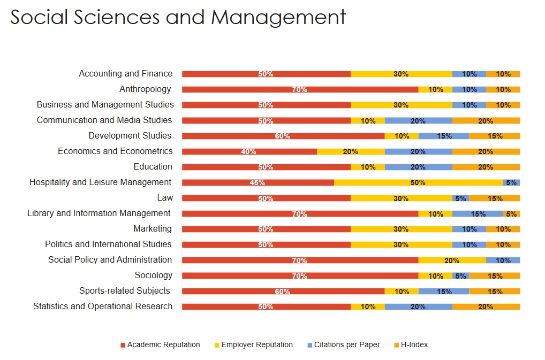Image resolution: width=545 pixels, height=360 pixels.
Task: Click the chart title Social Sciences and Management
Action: [x=178, y=17]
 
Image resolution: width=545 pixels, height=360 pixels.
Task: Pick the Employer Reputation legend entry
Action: [x=256, y=345]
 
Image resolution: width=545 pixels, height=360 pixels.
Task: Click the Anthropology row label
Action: [x=145, y=89]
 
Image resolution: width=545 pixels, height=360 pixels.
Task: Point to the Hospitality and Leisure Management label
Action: [x=101, y=182]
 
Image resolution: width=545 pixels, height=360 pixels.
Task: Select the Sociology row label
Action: [x=154, y=275]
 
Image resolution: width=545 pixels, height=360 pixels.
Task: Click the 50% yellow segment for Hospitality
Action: [x=418, y=182]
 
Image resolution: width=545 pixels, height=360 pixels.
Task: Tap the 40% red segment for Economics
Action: [x=249, y=151]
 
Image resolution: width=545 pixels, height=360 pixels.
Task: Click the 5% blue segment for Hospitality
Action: [x=511, y=182]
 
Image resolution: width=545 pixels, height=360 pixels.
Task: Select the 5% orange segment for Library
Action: [x=511, y=213]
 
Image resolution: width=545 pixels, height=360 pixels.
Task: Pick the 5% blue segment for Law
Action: [x=460, y=198]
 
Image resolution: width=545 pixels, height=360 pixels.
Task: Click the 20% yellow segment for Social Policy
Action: [x=452, y=261]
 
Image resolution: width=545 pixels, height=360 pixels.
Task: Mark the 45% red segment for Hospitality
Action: [x=258, y=182]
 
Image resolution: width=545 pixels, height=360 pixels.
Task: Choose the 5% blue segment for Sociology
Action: [x=460, y=276]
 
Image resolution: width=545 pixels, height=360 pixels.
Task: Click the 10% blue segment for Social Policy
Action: [x=503, y=261]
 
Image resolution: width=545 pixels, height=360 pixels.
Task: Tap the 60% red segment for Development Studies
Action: [x=283, y=136]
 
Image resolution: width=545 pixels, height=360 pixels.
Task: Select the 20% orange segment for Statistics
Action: [x=486, y=307]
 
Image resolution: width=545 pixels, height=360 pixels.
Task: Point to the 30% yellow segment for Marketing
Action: [x=401, y=229]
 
